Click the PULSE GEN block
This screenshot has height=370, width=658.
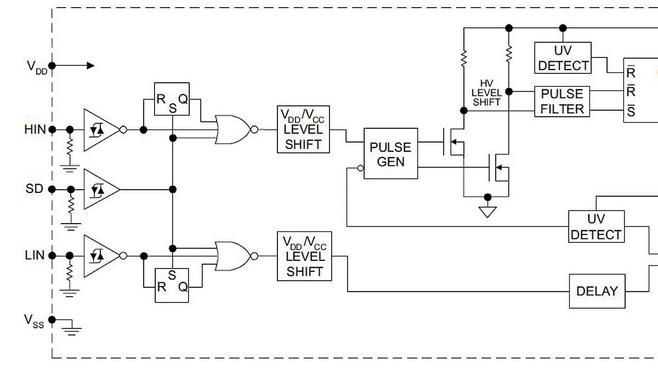click(x=390, y=154)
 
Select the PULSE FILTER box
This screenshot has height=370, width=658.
click(x=562, y=101)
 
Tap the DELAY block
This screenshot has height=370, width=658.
click(x=597, y=291)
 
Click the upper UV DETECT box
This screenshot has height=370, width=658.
click(x=563, y=58)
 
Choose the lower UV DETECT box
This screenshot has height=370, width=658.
click(x=596, y=226)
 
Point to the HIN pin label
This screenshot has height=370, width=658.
click(x=35, y=130)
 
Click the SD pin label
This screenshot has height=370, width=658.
click(x=34, y=189)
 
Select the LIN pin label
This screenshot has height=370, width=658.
click(x=35, y=255)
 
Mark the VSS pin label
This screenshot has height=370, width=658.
click(x=33, y=322)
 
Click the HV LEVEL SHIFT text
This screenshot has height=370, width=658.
click(x=486, y=93)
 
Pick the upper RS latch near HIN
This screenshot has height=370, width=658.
click(x=172, y=99)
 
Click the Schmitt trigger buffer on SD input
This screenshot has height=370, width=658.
click(x=100, y=189)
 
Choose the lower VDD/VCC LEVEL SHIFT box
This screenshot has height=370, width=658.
click(x=304, y=256)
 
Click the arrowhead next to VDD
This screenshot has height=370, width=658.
click(x=90, y=66)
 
